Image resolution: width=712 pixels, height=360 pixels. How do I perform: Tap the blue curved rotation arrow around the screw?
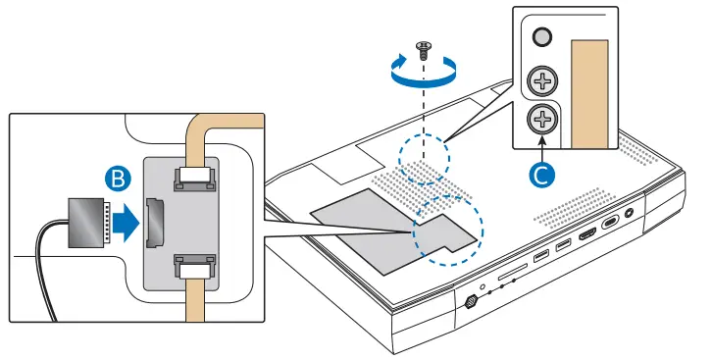point(424,71)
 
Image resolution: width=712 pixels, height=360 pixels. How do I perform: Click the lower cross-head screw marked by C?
point(540,121)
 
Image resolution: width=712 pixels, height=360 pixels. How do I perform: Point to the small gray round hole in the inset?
point(539,37)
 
